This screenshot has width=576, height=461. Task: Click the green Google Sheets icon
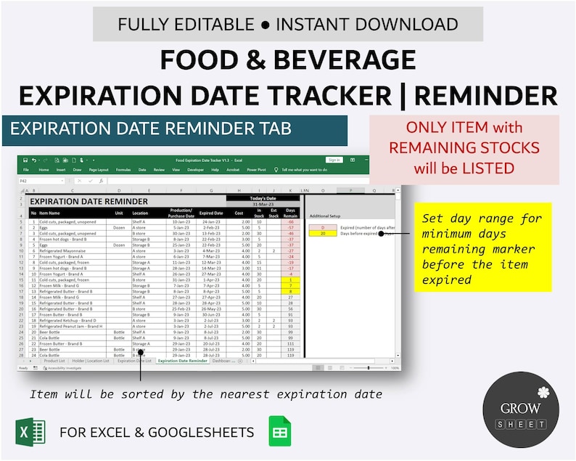(280, 431)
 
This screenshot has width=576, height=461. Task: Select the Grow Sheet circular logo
(520, 409)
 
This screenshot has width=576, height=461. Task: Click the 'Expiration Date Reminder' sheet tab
(183, 361)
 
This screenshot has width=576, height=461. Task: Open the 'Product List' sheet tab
(54, 361)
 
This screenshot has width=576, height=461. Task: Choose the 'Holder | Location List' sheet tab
(91, 361)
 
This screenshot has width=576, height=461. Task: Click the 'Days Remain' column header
(290, 213)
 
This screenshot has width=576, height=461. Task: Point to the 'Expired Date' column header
(211, 213)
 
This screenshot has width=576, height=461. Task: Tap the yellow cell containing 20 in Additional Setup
(323, 234)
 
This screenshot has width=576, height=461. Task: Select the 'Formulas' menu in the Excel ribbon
(123, 170)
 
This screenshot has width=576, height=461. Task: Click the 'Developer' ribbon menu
(196, 170)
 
